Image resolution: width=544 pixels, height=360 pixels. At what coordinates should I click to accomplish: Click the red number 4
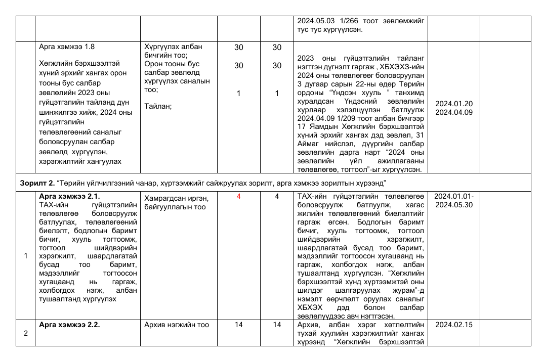[238, 196]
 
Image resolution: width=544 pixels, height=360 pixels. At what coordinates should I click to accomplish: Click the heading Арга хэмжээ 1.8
[66, 47]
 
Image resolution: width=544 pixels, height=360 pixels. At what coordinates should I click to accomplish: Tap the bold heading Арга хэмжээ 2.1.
[69, 196]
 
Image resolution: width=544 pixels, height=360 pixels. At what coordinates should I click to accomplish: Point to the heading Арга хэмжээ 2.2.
[69, 325]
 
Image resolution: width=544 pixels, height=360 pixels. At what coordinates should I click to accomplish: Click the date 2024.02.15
[454, 325]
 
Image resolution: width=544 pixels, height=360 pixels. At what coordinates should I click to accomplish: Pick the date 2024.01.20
[454, 104]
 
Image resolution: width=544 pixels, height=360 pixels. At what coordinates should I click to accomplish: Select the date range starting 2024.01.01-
[454, 196]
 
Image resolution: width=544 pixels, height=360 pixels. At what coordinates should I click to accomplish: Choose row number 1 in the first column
[26, 256]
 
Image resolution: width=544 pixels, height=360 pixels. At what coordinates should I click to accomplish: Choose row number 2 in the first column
[26, 334]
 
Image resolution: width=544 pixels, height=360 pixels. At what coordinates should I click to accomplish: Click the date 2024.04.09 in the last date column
[454, 112]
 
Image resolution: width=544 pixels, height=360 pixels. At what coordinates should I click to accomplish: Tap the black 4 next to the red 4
[277, 196]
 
